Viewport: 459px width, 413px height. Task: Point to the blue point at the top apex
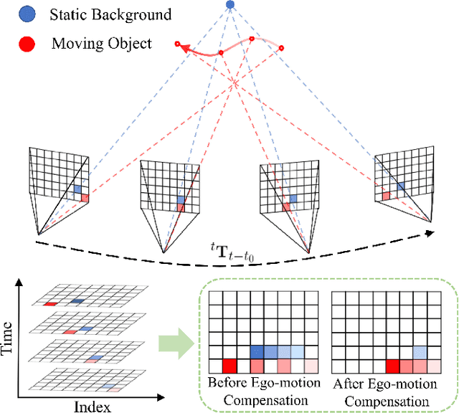tap(229, 5)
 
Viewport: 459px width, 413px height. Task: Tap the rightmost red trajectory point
tap(282, 49)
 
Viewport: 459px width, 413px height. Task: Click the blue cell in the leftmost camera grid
tap(77, 189)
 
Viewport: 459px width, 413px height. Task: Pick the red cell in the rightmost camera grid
tap(386, 195)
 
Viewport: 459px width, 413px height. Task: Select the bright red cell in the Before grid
tap(230, 366)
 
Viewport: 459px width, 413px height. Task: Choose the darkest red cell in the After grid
tap(393, 366)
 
